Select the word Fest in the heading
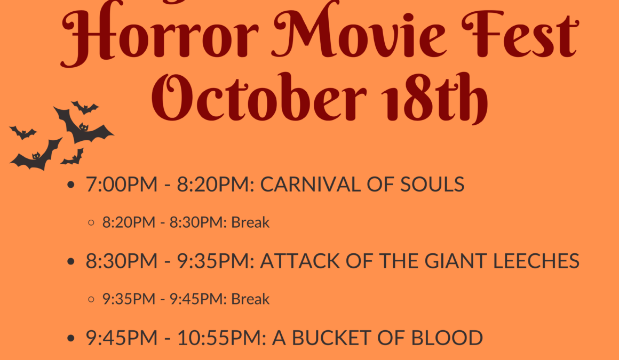click(520, 34)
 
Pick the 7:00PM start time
click(122, 185)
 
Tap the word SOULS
click(432, 185)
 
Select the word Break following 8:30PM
click(250, 222)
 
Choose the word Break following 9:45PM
click(250, 299)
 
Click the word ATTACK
click(300, 261)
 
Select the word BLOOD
click(447, 338)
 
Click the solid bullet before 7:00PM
click(71, 185)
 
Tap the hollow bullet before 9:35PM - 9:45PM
click(91, 299)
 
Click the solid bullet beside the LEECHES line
click(71, 261)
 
